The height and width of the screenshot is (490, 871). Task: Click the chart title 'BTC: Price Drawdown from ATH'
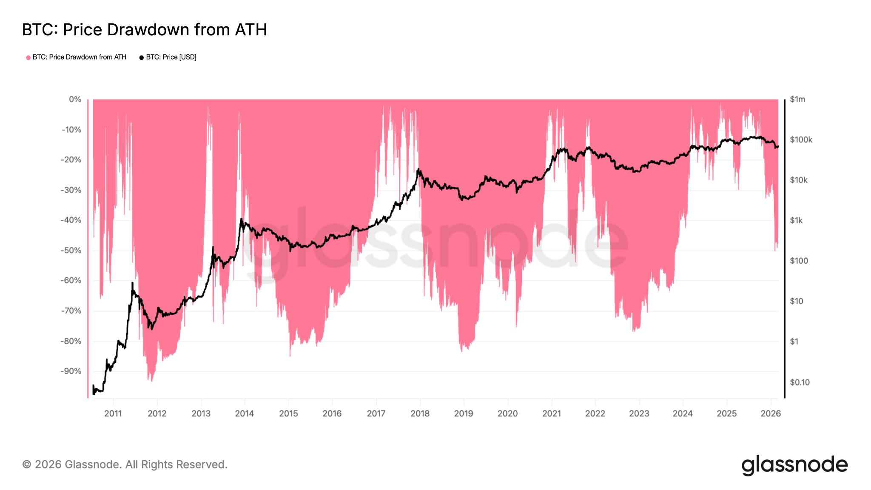[144, 30]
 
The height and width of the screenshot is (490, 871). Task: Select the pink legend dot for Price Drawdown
[28, 57]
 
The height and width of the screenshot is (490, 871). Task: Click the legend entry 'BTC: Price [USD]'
[171, 57]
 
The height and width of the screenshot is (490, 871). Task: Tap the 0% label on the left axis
[75, 99]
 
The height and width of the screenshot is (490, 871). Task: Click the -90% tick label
[71, 371]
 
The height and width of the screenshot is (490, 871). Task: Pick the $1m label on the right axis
[797, 99]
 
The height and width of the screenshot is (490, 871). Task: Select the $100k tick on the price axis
[801, 140]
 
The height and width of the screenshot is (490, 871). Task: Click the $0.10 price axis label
[800, 382]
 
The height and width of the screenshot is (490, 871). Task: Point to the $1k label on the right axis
[796, 220]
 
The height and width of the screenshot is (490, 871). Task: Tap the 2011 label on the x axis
[113, 413]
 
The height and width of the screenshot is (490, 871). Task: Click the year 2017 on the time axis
[376, 413]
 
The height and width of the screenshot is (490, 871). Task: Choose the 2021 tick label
[552, 413]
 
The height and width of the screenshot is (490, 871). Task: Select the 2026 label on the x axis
[771, 413]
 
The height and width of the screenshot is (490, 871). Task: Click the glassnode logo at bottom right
[794, 465]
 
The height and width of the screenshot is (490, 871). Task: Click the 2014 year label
[245, 413]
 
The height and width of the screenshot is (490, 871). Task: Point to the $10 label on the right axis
[797, 301]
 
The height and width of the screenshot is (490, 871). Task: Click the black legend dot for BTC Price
[142, 57]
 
